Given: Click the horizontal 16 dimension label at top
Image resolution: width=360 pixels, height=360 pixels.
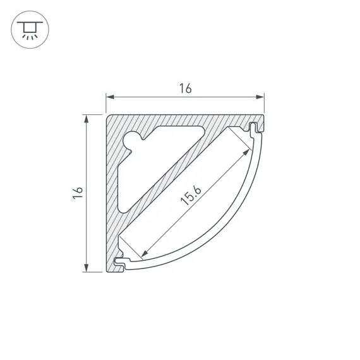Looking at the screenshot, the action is (x=185, y=88).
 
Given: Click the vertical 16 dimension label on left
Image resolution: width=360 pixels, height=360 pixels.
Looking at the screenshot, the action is (x=78, y=193).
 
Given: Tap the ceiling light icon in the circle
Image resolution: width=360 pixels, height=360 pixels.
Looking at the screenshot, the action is (x=30, y=30).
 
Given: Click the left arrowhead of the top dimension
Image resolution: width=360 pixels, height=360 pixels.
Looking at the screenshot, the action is (x=110, y=97).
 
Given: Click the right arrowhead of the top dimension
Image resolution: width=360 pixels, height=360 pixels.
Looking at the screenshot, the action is (x=260, y=97).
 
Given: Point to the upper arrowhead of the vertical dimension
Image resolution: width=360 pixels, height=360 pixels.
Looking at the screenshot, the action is (x=87, y=119).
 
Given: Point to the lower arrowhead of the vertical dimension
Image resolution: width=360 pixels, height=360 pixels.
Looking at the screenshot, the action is (x=87, y=268).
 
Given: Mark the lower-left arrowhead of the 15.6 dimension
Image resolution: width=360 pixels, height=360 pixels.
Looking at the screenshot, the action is (x=144, y=253).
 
